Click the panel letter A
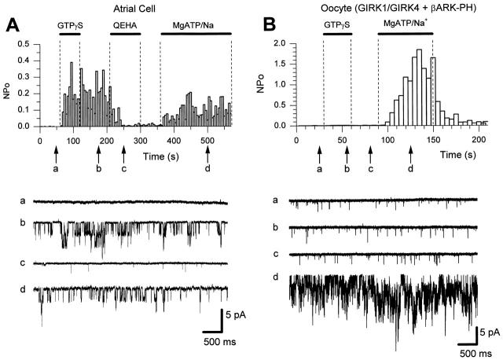(x=13, y=24)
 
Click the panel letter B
(x=270, y=24)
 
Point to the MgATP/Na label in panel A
(x=196, y=24)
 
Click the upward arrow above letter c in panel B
(x=370, y=155)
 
